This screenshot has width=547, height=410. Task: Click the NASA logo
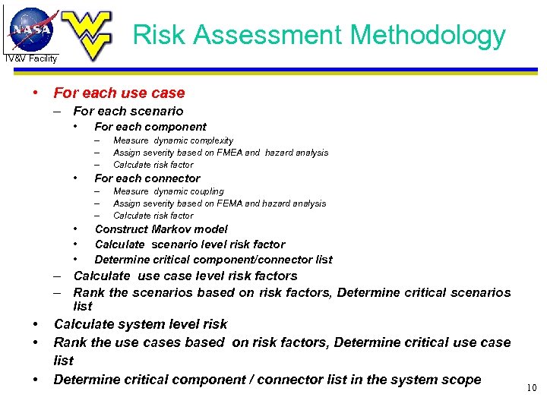point(32,29)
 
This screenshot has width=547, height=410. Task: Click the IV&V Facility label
point(31,58)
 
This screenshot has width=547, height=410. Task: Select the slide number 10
point(531,389)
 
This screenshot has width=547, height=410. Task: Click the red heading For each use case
point(119,93)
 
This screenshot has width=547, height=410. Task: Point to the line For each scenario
point(128,112)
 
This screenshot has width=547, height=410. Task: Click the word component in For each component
point(178,127)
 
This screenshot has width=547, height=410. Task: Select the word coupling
point(206,191)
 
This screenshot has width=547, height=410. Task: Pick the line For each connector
point(147,178)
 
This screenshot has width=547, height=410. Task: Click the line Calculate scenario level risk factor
point(190,244)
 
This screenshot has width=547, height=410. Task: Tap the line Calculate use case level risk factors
point(185,276)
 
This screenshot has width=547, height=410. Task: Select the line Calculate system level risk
point(141,324)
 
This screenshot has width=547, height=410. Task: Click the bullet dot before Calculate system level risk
point(36,324)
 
